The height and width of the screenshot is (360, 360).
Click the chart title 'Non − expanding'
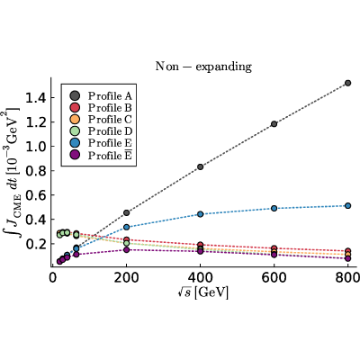(x=203, y=67)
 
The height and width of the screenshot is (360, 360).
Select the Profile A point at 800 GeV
(x=348, y=83)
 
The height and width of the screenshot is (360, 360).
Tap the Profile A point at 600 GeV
(x=274, y=124)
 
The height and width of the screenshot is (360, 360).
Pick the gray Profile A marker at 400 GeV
(x=200, y=166)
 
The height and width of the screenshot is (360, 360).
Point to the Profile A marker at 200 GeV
(x=126, y=212)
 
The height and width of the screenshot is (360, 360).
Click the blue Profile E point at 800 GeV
(x=348, y=205)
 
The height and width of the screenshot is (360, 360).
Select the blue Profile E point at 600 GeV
(x=274, y=208)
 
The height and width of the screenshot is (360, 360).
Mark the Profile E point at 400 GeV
(x=200, y=214)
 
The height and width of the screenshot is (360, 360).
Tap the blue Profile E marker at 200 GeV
(x=126, y=227)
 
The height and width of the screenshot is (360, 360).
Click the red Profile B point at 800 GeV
(x=348, y=251)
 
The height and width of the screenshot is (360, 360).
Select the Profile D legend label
(x=110, y=131)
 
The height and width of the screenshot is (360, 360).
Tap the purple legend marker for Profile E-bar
(x=74, y=155)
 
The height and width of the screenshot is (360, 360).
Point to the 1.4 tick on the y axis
(x=36, y=98)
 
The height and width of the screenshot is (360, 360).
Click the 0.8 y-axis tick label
(x=36, y=171)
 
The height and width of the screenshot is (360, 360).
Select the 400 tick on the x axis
(x=200, y=278)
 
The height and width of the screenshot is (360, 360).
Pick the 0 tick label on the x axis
(x=52, y=278)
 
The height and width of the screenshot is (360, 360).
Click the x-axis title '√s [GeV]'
(x=202, y=292)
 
